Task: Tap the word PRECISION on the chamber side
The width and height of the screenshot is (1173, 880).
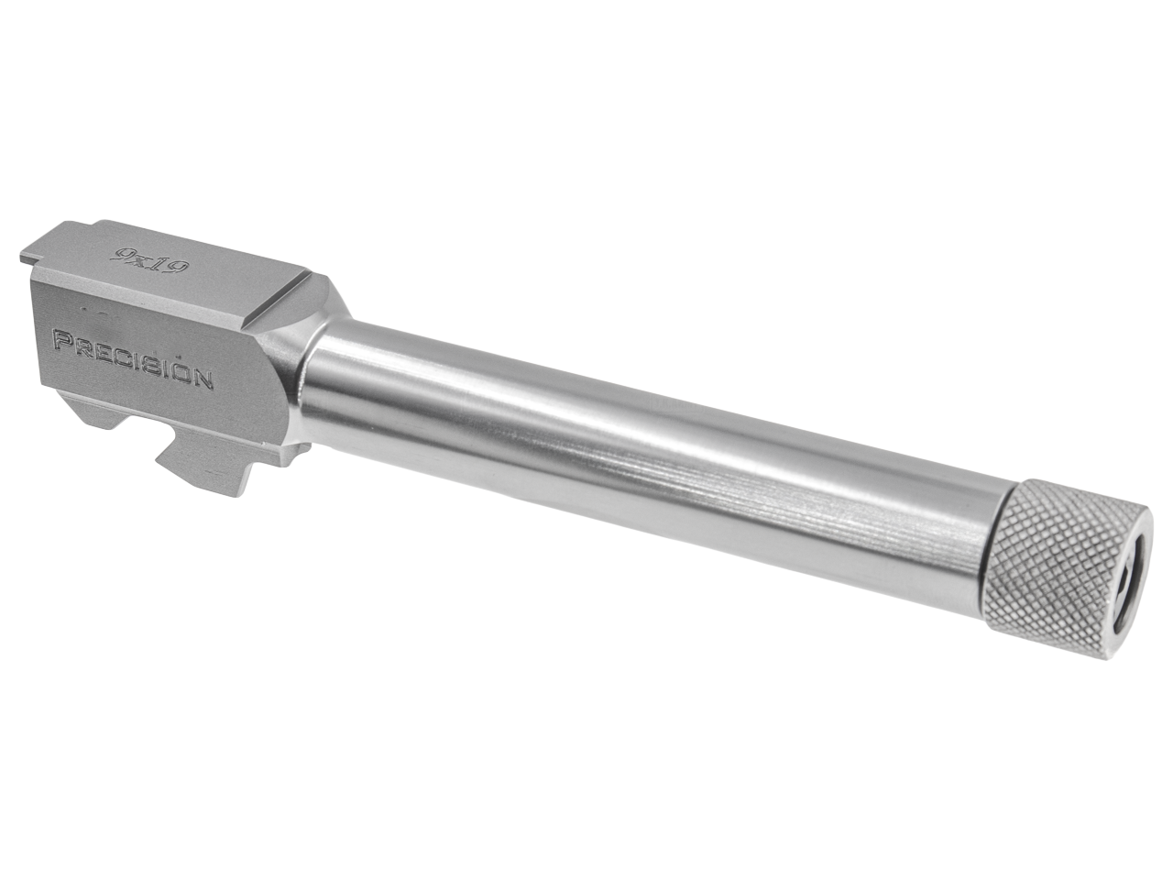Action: (x=134, y=357)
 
